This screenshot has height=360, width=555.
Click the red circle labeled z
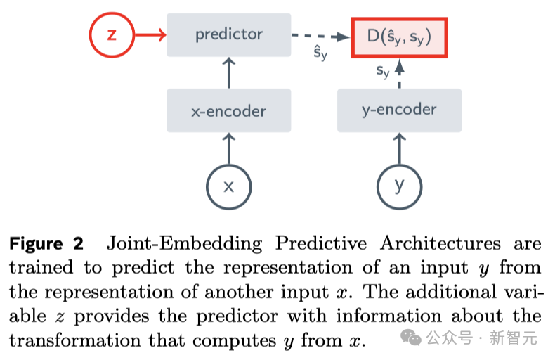[x=112, y=34]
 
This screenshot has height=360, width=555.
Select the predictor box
[x=228, y=34]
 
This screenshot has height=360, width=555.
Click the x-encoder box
[x=228, y=111]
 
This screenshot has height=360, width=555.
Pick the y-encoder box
[x=399, y=110]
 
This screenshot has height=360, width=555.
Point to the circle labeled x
[x=228, y=186]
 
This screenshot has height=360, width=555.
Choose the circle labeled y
[x=400, y=186]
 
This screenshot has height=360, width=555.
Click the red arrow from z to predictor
[x=149, y=34]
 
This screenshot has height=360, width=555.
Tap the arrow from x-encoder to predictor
[x=228, y=73]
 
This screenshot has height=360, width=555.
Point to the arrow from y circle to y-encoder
[x=400, y=148]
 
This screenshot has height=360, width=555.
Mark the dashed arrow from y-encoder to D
[x=400, y=74]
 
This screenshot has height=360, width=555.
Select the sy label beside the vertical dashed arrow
[x=383, y=71]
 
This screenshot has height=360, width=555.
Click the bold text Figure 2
[x=46, y=244]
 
